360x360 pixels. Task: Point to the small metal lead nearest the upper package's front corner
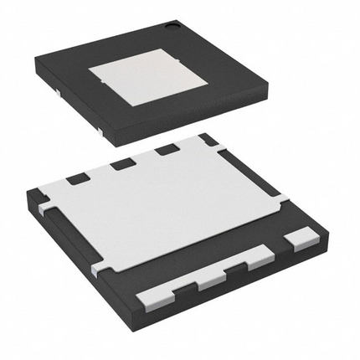tap(100, 131)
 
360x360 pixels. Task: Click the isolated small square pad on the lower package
tap(296, 242)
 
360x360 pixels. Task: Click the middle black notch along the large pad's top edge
tap(124, 162)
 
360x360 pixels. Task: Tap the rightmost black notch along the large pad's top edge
tap(166, 149)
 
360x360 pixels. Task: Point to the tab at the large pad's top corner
tap(206, 137)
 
